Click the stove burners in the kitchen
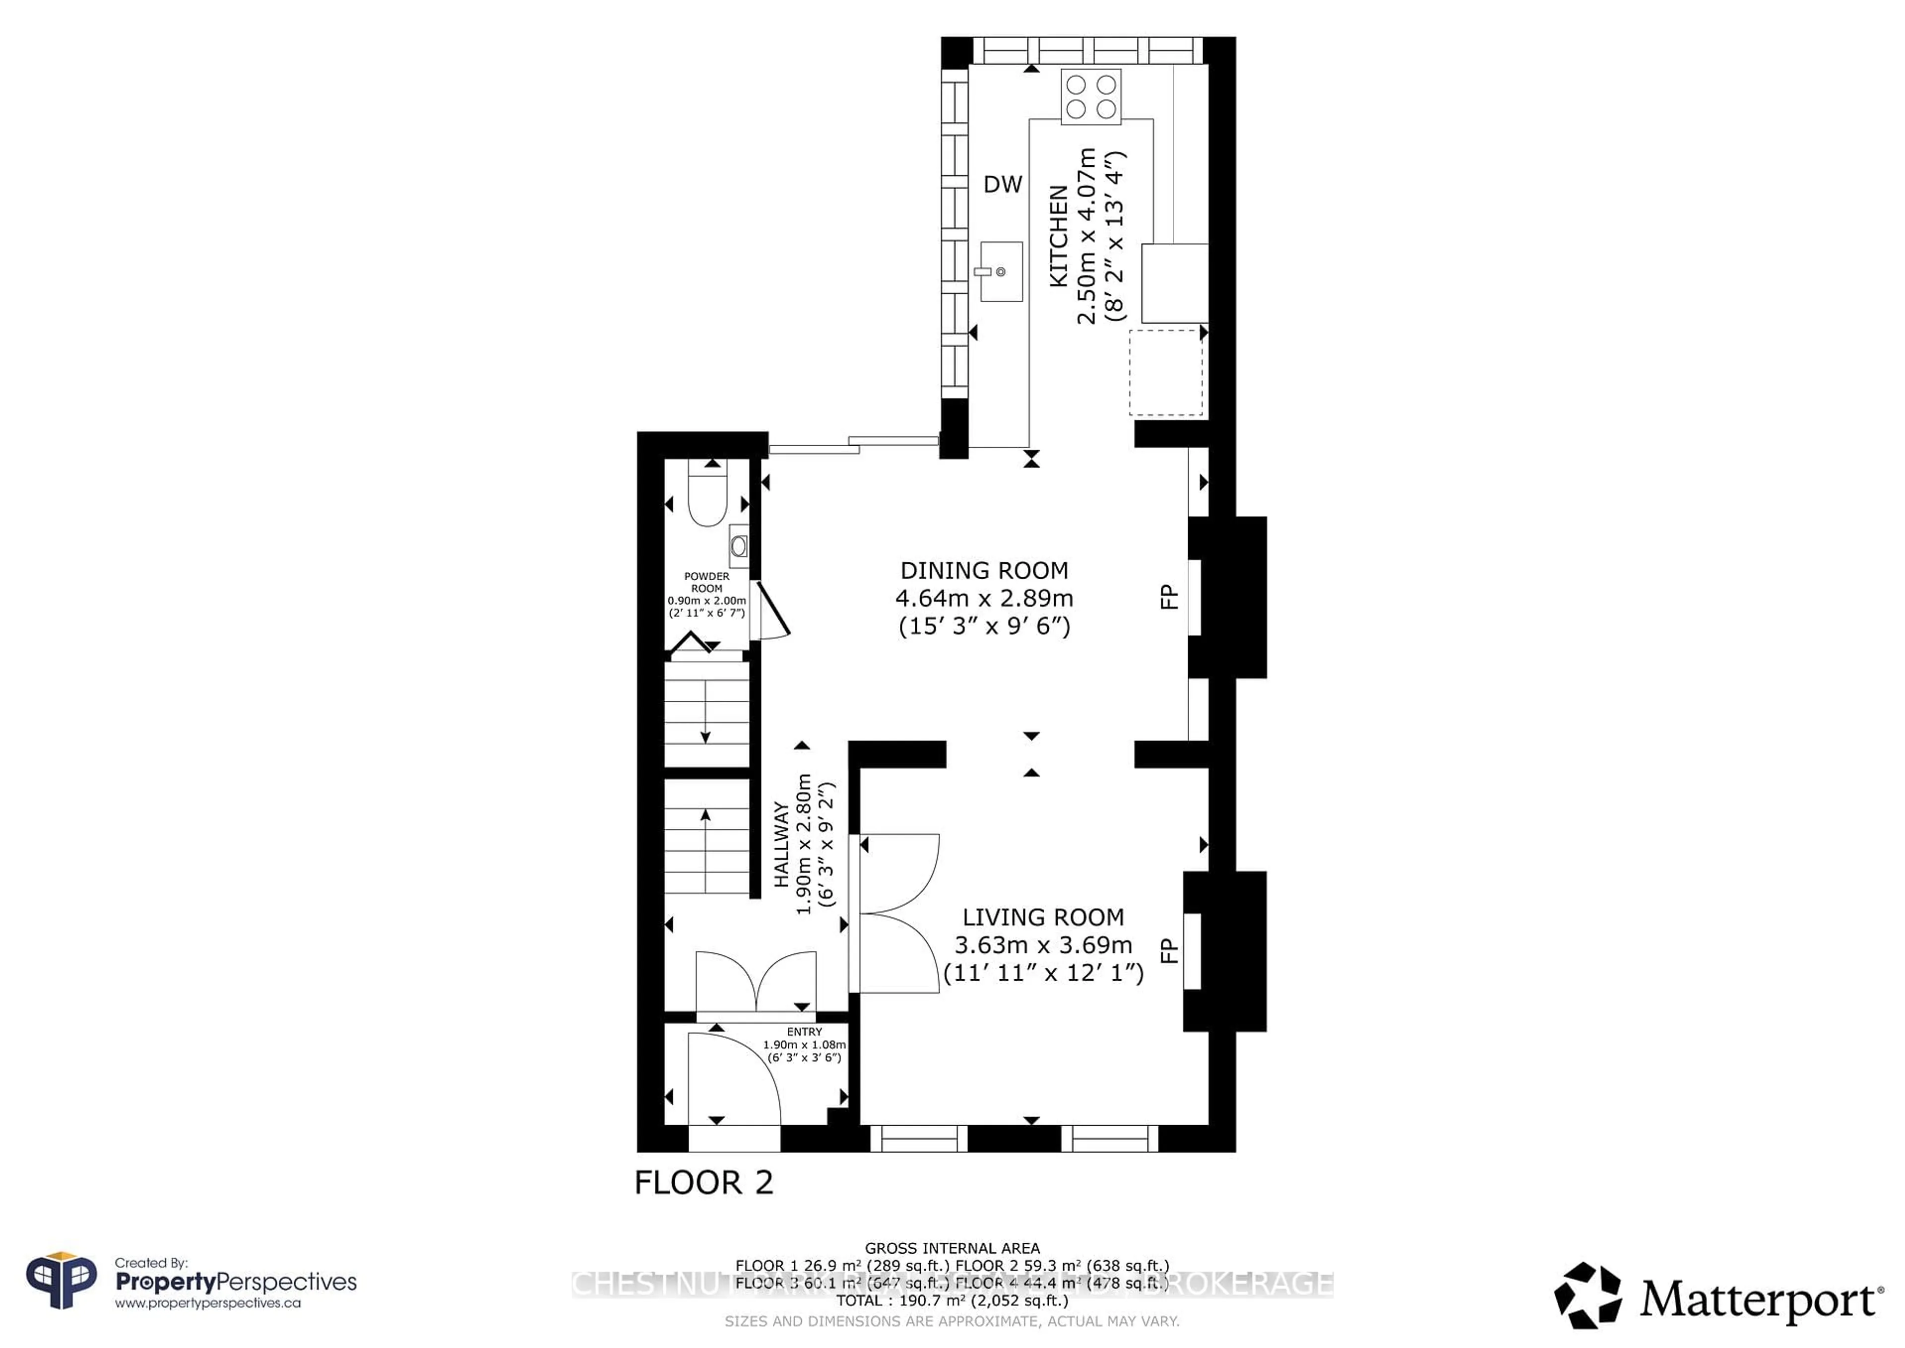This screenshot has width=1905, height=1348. point(1090,96)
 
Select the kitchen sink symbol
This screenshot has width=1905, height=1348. point(1001,271)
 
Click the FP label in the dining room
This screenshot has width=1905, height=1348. point(1168,597)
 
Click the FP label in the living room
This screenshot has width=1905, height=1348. point(1168,950)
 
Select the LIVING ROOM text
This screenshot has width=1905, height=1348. point(1043,917)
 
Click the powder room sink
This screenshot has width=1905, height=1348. point(739,545)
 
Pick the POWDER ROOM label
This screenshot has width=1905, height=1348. point(707,582)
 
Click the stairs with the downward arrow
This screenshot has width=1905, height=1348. point(706,710)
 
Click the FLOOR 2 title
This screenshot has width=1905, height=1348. point(703,1183)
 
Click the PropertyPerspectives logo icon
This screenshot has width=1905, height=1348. point(61,1281)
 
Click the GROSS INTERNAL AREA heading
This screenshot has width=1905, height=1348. point(952,1248)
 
